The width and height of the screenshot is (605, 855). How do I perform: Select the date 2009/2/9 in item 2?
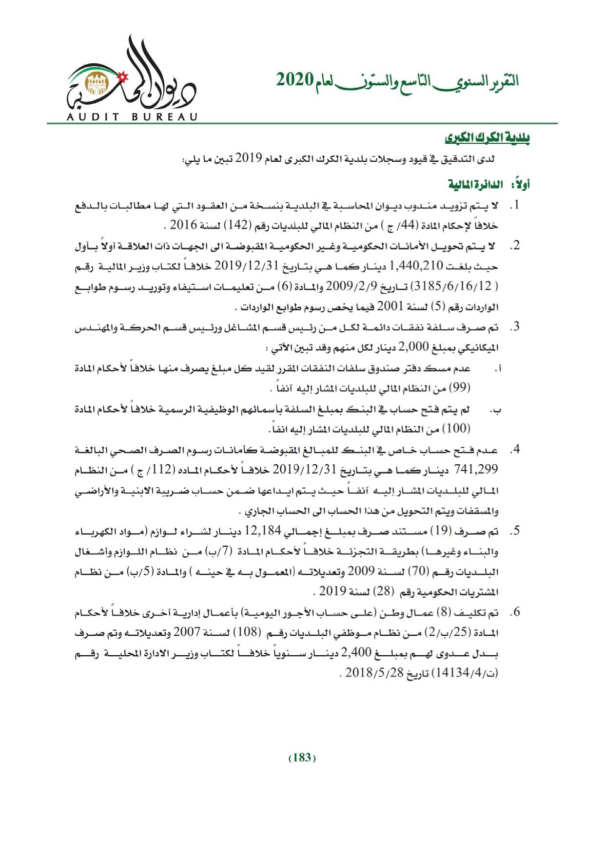coord(341,285)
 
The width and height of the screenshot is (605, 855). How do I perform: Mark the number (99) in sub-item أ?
coord(461,388)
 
